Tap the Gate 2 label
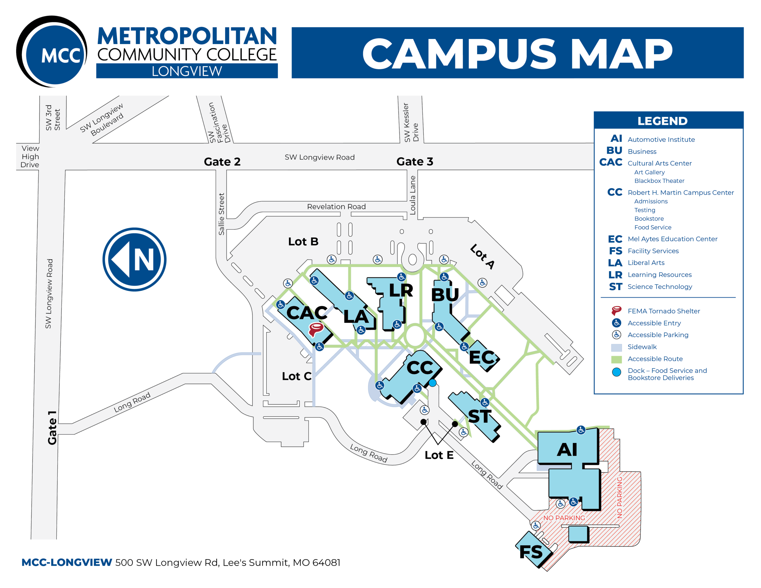[222, 162]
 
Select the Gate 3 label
[415, 161]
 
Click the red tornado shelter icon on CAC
[316, 329]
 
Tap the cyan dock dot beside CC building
[433, 383]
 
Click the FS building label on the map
[531, 552]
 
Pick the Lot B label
[303, 242]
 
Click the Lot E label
[439, 455]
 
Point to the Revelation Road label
[336, 207]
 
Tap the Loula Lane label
[413, 195]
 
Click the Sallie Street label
[221, 214]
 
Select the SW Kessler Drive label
[411, 122]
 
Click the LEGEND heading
[662, 121]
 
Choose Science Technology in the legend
[660, 287]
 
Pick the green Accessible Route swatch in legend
[617, 359]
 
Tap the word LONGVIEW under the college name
[187, 71]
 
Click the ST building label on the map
[479, 416]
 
